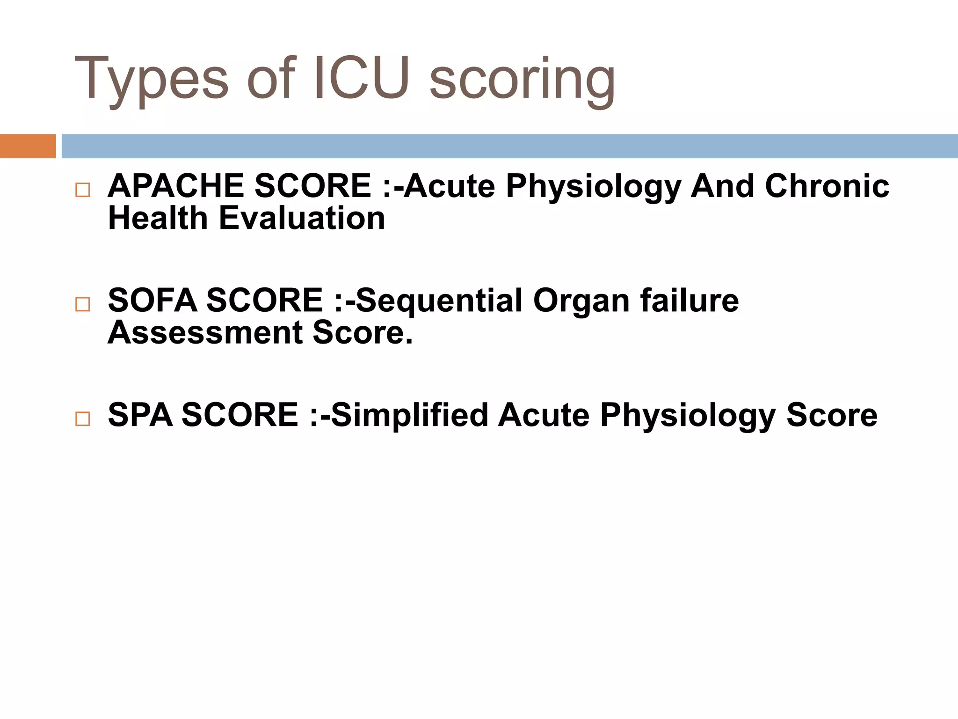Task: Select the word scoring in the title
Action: pos(522,81)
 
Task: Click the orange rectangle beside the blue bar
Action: pos(28,146)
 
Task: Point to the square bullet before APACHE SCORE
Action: pos(82,190)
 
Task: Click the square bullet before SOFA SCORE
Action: pos(82,304)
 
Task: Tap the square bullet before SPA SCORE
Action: pos(82,418)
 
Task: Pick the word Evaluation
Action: pos(302,218)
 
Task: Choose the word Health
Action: pos(158,218)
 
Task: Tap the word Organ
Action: pos(581,300)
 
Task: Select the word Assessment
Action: pos(205,332)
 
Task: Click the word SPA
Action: pos(140,415)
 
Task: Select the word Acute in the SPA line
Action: pos(544,415)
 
